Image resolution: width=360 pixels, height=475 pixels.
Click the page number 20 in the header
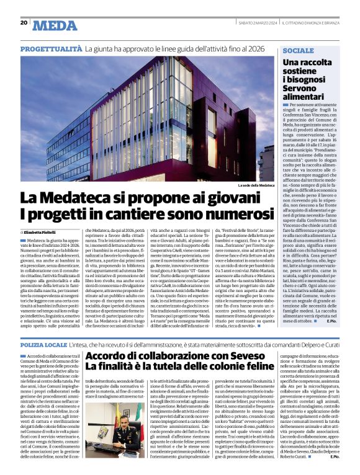pyautogui.click(x=24, y=22)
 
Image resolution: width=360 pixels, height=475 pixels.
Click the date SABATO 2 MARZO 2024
pyautogui.click(x=257, y=22)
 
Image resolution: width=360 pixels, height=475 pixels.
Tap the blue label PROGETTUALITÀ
pyautogui.click(x=51, y=48)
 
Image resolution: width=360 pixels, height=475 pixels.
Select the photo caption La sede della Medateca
pyautogui.click(x=255, y=185)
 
